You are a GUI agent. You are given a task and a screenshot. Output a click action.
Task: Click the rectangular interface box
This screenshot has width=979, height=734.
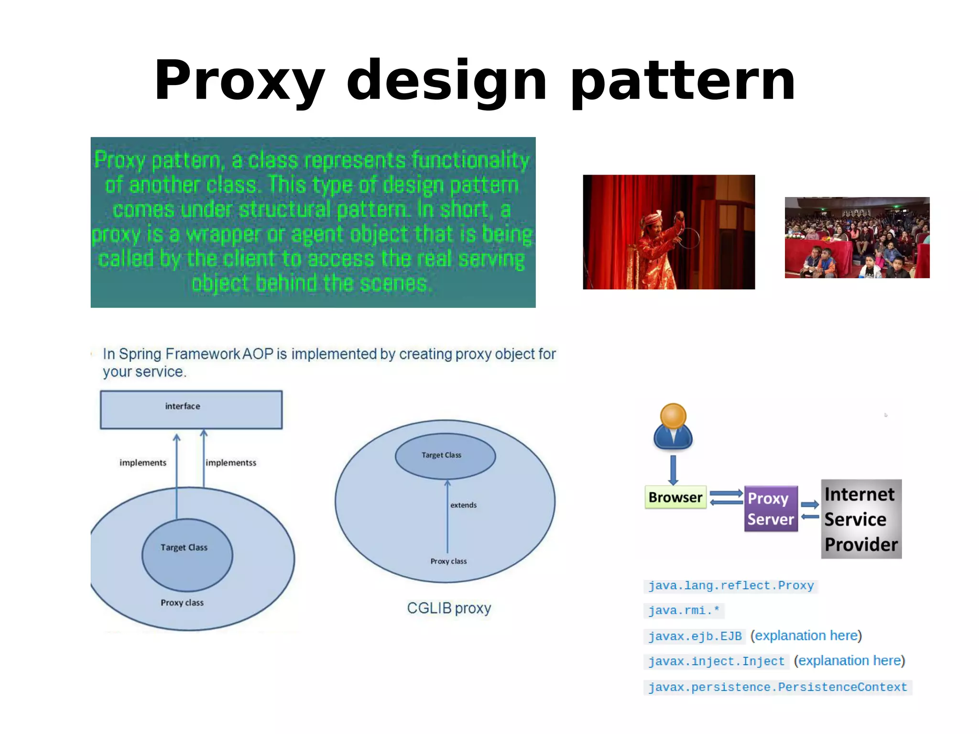[x=191, y=409]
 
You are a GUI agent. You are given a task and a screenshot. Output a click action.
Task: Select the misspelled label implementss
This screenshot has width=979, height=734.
[x=231, y=463]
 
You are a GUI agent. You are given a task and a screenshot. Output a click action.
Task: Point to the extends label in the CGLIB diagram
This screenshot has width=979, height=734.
[x=463, y=505]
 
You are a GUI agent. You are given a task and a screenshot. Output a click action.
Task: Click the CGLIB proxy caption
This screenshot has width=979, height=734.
[x=449, y=608]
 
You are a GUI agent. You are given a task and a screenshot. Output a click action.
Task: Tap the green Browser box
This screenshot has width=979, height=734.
[x=675, y=497]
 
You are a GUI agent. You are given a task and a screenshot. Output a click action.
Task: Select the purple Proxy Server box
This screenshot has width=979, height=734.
[x=771, y=509]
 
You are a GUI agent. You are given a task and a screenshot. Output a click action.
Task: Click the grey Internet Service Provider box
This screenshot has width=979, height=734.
[x=861, y=519]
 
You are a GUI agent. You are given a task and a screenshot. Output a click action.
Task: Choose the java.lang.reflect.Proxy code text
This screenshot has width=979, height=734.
[x=731, y=586]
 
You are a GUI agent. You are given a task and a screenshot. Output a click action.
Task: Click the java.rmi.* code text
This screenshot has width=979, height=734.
[x=684, y=611]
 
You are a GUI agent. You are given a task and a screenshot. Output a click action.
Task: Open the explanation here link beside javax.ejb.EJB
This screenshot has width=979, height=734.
[x=806, y=635]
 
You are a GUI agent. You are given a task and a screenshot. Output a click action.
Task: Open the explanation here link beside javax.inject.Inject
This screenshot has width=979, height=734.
[x=849, y=661]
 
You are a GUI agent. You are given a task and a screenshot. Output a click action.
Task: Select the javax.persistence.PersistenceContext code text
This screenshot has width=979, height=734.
[x=777, y=687]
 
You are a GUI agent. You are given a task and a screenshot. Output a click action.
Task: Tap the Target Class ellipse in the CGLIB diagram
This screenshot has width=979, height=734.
[x=445, y=456]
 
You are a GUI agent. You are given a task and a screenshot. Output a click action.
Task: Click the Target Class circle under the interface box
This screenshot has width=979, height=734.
[x=187, y=555]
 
